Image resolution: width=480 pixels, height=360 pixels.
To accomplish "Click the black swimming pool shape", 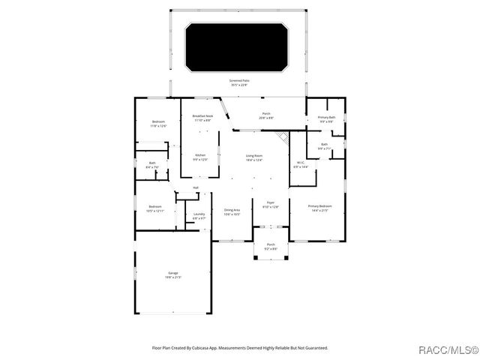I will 237,47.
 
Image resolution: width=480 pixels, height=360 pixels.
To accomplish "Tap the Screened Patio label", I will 239,82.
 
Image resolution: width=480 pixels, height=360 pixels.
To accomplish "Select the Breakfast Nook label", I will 202,118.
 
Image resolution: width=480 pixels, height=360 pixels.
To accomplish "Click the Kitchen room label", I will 199,157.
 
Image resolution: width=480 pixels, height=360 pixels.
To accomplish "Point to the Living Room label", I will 254,157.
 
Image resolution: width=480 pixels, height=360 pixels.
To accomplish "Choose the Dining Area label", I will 232,211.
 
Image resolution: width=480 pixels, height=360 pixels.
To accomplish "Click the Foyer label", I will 270,204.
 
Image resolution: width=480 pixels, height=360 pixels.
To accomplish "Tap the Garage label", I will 172,275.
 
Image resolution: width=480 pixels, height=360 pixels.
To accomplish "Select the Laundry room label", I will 199,216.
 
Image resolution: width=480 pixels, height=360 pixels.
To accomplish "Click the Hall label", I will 196,187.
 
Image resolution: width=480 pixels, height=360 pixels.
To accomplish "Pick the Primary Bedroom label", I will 320,208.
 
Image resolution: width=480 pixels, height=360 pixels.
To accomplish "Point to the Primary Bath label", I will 326,119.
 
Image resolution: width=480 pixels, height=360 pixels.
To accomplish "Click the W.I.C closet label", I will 300,164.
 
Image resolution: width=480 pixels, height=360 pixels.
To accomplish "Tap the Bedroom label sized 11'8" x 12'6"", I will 158,124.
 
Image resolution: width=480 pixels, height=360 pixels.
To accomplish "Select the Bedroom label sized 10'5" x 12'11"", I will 155,208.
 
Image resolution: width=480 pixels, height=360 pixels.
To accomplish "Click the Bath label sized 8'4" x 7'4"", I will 152,164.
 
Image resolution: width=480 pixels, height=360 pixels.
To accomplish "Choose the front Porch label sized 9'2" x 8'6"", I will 271,246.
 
